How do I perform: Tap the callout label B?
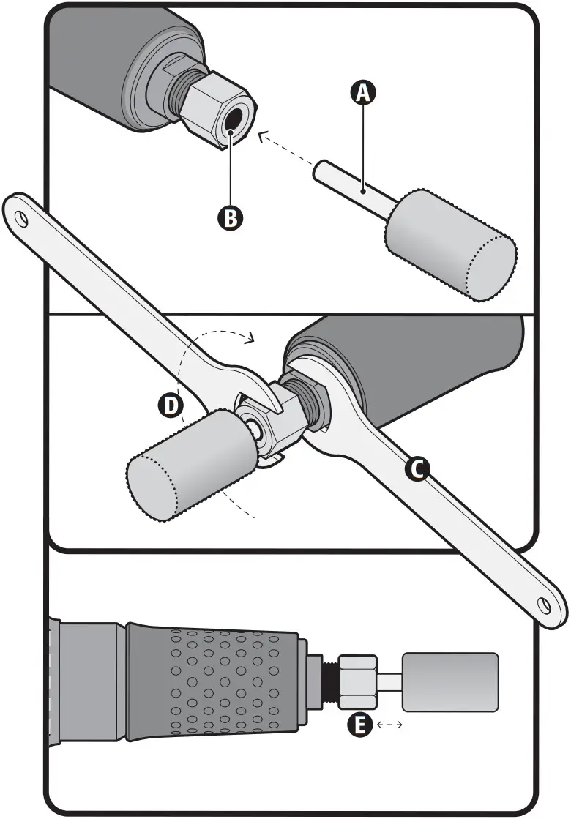coord(230,217)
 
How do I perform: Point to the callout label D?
coord(170,405)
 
